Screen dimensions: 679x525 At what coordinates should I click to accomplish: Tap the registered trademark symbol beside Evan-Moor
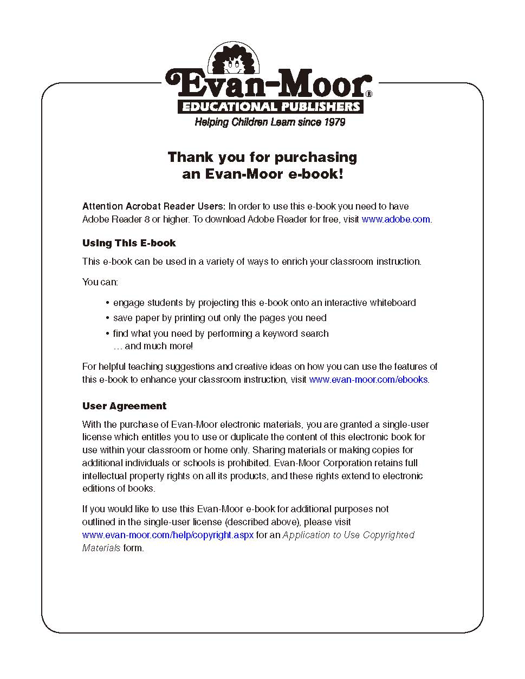pyautogui.click(x=368, y=94)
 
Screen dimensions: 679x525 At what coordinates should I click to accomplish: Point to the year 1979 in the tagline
pyautogui.click(x=334, y=122)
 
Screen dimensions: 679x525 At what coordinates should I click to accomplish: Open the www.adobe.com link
pyautogui.click(x=396, y=219)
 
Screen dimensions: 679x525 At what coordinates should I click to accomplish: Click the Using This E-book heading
pyautogui.click(x=129, y=243)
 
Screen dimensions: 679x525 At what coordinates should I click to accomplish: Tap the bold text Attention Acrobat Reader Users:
pyautogui.click(x=153, y=206)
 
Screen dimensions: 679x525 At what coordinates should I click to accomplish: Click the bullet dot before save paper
pyautogui.click(x=108, y=318)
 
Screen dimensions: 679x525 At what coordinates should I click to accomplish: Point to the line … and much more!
pyautogui.click(x=153, y=346)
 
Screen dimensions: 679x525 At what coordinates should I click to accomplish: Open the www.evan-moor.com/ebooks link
pyautogui.click(x=368, y=380)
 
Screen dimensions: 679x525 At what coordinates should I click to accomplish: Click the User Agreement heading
pyautogui.click(x=124, y=406)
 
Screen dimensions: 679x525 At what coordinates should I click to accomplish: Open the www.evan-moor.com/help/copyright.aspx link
pyautogui.click(x=167, y=535)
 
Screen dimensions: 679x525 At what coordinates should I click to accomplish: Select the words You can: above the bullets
pyautogui.click(x=100, y=282)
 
